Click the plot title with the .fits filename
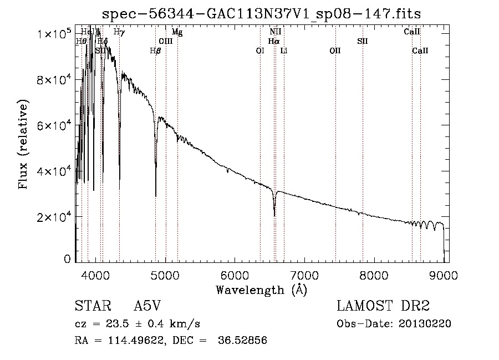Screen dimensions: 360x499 (266, 13)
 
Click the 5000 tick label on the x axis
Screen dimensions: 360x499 (165, 275)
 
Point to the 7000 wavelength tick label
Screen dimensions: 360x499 (304, 275)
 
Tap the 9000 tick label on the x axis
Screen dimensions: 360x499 (444, 275)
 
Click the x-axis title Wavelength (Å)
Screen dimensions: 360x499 (261, 290)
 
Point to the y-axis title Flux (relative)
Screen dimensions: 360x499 (24, 145)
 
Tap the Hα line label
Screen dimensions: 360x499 (273, 42)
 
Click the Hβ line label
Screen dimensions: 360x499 (155, 51)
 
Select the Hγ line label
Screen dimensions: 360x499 (119, 32)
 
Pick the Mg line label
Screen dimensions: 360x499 (177, 33)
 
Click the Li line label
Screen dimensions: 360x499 (283, 51)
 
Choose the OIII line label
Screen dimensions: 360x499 (165, 42)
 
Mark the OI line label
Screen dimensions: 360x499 (260, 51)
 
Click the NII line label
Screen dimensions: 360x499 (275, 32)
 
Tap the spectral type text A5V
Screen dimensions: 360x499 (147, 307)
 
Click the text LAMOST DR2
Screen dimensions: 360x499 (383, 307)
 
